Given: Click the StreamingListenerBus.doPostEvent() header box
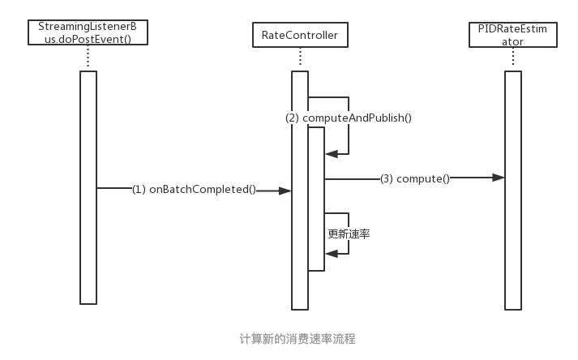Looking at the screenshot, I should pyautogui.click(x=88, y=33).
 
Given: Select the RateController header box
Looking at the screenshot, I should pyautogui.click(x=300, y=35).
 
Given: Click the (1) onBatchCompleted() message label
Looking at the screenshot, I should pyautogui.click(x=195, y=190).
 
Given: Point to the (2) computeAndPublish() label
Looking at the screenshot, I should pyautogui.click(x=349, y=118).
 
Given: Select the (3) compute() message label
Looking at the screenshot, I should pyautogui.click(x=414, y=178).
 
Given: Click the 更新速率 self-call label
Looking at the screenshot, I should pyautogui.click(x=349, y=234).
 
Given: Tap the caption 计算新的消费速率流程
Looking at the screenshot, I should pyautogui.click(x=298, y=338).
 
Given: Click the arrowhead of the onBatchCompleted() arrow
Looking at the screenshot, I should pyautogui.click(x=285, y=191).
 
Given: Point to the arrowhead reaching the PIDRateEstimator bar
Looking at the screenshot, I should pyautogui.click(x=499, y=178).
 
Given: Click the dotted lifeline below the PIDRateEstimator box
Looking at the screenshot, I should pyautogui.click(x=512, y=58).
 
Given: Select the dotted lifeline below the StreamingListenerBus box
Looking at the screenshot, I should pyautogui.click(x=88, y=58).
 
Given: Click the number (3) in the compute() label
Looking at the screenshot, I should pyautogui.click(x=387, y=178).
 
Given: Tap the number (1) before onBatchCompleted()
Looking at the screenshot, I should pyautogui.click(x=139, y=190).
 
